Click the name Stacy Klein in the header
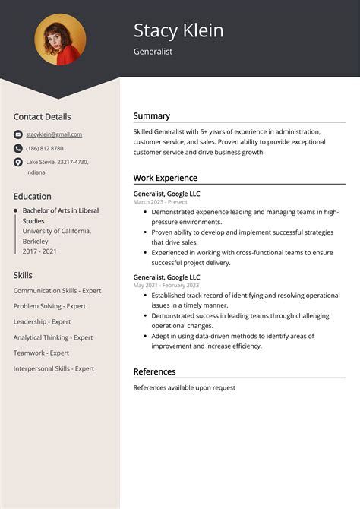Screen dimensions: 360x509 pyautogui.click(x=178, y=30)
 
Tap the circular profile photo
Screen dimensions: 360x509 pyautogui.click(x=60, y=39)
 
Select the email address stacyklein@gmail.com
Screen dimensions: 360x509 pyautogui.click(x=54, y=134)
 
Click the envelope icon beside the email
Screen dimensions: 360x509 pyautogui.click(x=18, y=134)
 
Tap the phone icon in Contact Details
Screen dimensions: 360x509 pyautogui.click(x=18, y=148)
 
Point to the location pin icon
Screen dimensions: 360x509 pyautogui.click(x=18, y=163)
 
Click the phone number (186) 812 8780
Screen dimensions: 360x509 pyautogui.click(x=45, y=148)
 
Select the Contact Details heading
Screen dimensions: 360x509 pyautogui.click(x=42, y=117)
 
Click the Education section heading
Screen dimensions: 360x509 pyautogui.click(x=33, y=196)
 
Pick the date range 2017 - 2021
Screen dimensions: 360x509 pyautogui.click(x=39, y=251)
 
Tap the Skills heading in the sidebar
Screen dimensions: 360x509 pyautogui.click(x=23, y=274)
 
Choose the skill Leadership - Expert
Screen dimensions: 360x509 pyautogui.click(x=42, y=321)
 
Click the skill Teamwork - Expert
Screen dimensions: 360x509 pyautogui.click(x=41, y=353)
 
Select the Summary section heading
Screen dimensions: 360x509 pyautogui.click(x=152, y=116)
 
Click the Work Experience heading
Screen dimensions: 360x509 pyautogui.click(x=166, y=178)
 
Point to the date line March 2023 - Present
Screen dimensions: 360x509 pyautogui.click(x=160, y=202)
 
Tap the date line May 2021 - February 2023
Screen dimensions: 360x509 pyautogui.click(x=166, y=286)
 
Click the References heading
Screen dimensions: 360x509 pyautogui.click(x=155, y=371)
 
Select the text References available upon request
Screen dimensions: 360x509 pyautogui.click(x=185, y=387)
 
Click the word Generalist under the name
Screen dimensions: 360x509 pyautogui.click(x=153, y=52)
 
